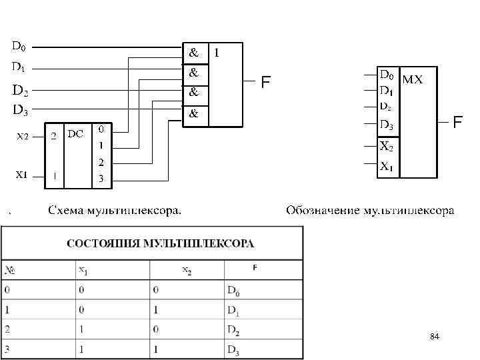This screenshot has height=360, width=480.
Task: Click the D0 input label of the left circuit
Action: click(x=19, y=47)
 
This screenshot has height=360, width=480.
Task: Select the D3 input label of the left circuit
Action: click(x=20, y=110)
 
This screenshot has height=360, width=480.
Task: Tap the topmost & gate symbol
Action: click(x=193, y=51)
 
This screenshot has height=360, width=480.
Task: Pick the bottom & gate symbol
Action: click(x=193, y=114)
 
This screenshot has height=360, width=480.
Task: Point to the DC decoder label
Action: click(x=75, y=133)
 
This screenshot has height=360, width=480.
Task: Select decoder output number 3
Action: click(x=101, y=178)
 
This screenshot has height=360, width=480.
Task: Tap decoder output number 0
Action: click(x=101, y=128)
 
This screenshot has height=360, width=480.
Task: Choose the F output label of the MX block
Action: click(x=457, y=123)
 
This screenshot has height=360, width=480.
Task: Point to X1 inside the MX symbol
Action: click(x=386, y=167)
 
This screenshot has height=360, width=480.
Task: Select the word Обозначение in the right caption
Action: click(x=323, y=211)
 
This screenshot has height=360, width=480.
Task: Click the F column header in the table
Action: click(x=255, y=268)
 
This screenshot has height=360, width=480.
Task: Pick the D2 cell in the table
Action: click(x=233, y=331)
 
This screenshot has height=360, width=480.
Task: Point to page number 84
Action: click(x=435, y=338)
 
